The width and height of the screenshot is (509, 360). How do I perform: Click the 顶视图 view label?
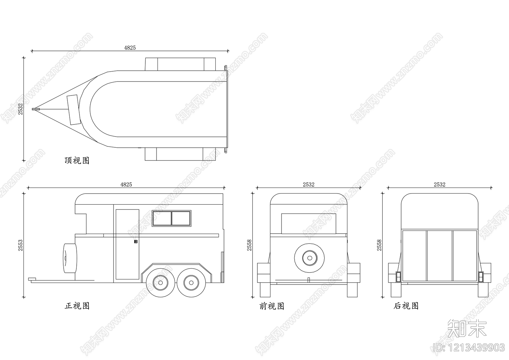click(77, 160)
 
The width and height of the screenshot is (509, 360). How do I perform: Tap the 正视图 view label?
click(77, 306)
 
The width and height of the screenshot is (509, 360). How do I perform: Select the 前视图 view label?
click(272, 306)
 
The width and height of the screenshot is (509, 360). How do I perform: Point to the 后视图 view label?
click(406, 306)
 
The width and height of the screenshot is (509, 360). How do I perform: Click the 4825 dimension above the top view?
click(130, 48)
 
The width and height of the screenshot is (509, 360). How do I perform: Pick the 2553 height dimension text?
click(20, 245)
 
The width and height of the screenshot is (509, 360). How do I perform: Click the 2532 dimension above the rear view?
click(439, 185)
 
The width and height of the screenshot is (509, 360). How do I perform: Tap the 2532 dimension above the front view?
click(308, 185)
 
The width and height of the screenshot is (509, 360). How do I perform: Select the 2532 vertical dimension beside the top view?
click(20, 109)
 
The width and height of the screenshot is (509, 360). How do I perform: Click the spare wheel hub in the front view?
click(309, 258)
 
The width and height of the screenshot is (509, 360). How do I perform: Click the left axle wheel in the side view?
click(160, 282)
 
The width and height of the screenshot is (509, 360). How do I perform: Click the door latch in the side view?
click(136, 242)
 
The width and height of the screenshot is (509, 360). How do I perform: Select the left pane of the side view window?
click(162, 218)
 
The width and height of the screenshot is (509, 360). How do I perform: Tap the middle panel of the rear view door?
click(439, 256)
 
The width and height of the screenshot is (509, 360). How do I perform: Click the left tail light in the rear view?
click(398, 277)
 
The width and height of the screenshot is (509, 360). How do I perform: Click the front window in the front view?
click(309, 223)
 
